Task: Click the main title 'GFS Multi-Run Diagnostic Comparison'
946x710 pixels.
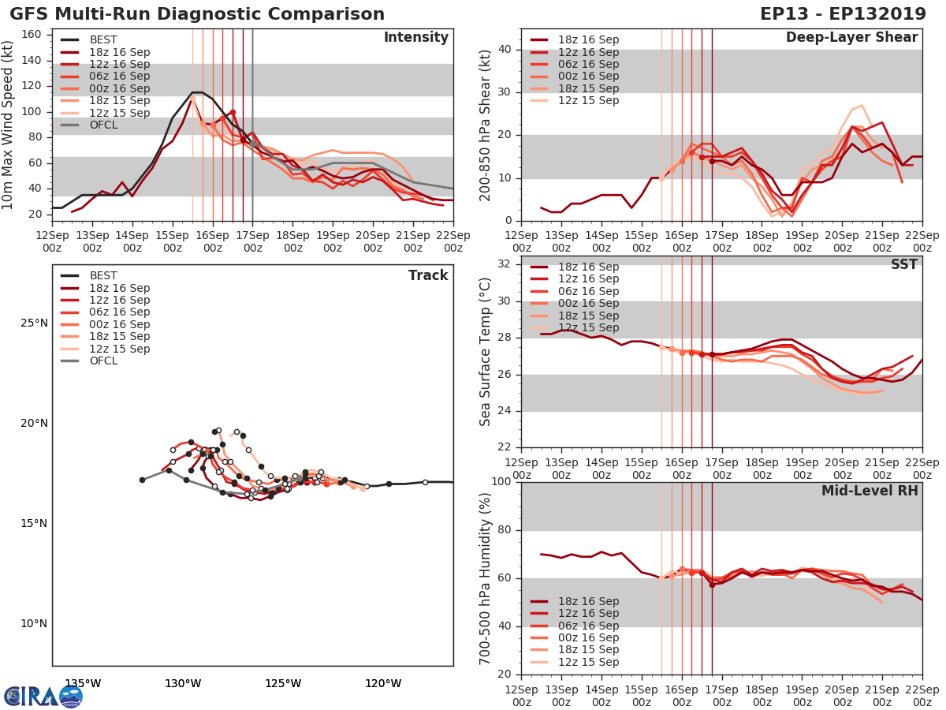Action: [197, 14]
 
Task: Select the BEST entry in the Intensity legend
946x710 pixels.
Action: [102, 40]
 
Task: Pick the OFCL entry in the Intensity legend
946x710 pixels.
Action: [102, 125]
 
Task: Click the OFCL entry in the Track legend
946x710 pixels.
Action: [102, 361]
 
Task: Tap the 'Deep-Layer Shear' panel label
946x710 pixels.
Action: [851, 38]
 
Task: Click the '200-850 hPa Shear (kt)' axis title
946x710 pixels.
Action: [486, 125]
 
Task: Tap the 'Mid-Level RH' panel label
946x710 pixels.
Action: [870, 491]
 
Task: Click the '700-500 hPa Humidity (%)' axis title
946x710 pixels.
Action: [486, 578]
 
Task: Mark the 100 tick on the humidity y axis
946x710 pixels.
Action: [502, 482]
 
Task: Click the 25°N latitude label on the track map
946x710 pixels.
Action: [34, 323]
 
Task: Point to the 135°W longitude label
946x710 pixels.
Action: [83, 683]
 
